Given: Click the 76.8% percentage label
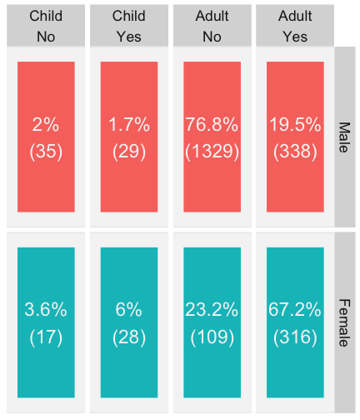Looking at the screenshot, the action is click(x=212, y=124).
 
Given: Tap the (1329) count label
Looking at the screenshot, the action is click(x=212, y=152).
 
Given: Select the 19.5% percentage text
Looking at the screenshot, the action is click(x=295, y=124).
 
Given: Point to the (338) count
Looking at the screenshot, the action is click(x=295, y=152).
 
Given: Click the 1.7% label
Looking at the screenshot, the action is click(x=129, y=124).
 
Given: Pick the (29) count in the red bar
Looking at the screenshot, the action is click(x=129, y=152).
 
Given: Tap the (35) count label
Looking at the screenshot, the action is click(x=46, y=152).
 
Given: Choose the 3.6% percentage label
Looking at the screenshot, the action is click(x=46, y=309).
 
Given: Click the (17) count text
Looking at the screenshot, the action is click(x=46, y=337).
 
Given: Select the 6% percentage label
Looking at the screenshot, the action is click(x=129, y=309).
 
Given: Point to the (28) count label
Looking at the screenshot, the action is click(x=129, y=337).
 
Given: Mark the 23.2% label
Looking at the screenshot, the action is click(x=212, y=309).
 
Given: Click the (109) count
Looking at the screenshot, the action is click(x=212, y=337).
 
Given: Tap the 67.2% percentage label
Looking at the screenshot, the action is click(x=295, y=309).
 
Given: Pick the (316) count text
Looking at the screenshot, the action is click(x=295, y=337).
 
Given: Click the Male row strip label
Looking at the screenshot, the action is click(x=344, y=137).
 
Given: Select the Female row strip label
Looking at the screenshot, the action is click(x=344, y=322).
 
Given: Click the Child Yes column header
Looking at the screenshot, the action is click(x=129, y=27).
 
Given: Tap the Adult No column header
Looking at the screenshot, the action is click(x=212, y=27).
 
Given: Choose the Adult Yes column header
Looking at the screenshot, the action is click(x=295, y=27).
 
